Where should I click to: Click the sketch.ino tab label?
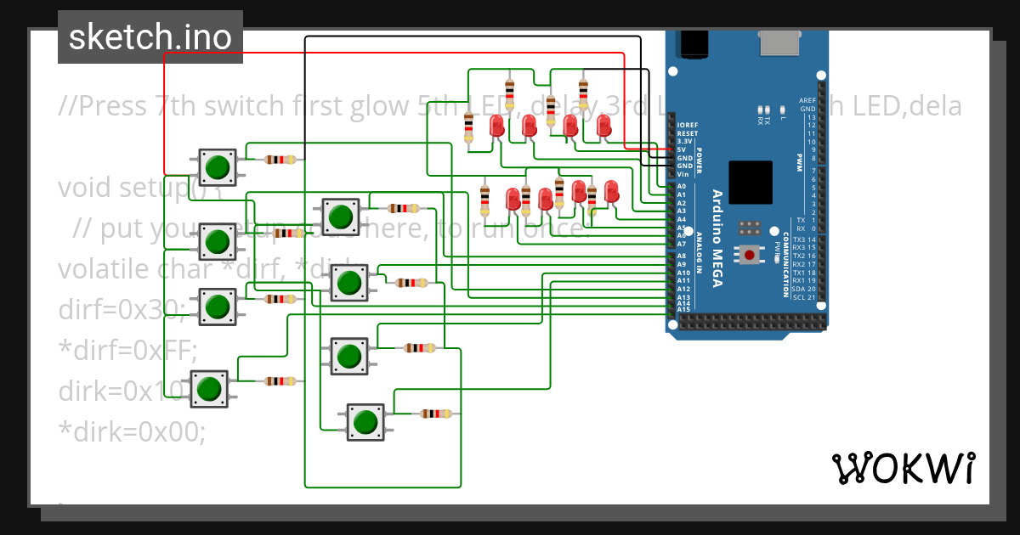[150, 37]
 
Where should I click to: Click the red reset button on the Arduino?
[749, 255]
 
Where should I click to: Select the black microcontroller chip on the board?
[751, 182]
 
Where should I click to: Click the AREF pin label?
[807, 100]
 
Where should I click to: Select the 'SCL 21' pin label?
[802, 297]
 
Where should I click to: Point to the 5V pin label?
[683, 149]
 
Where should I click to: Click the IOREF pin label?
[687, 125]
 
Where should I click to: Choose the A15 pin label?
[683, 308]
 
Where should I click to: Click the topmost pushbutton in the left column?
[218, 166]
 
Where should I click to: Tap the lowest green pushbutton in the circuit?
[365, 422]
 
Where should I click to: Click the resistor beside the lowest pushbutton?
[436, 414]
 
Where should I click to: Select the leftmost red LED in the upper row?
[496, 127]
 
